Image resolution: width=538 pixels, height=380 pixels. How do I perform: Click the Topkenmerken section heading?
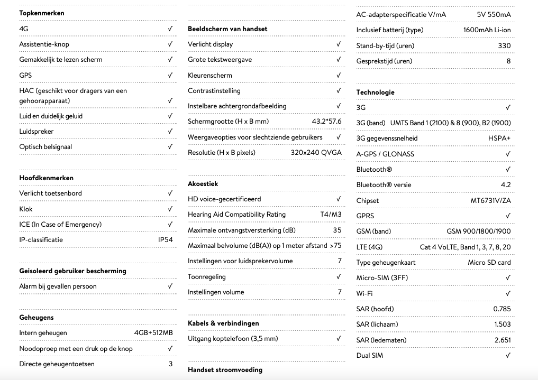click(x=42, y=13)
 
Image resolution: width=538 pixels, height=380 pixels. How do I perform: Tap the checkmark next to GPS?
click(x=170, y=75)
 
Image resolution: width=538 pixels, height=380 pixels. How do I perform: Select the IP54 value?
click(x=166, y=239)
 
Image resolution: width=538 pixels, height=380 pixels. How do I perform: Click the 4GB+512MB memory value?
click(x=153, y=333)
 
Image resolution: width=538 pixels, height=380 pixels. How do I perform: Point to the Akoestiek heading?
click(x=203, y=183)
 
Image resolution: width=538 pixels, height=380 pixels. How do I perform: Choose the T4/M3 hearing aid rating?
click(x=331, y=215)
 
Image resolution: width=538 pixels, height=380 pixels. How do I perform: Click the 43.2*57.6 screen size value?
click(x=326, y=122)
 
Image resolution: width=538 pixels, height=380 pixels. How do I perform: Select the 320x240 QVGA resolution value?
click(x=316, y=153)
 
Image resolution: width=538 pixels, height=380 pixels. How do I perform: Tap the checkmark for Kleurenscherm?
click(x=339, y=75)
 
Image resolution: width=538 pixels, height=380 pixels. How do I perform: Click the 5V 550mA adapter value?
click(x=494, y=14)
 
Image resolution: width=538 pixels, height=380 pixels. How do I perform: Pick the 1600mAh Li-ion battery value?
click(x=487, y=30)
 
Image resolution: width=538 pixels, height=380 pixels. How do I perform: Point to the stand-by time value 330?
click(x=504, y=45)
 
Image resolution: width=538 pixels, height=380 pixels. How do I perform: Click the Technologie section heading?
click(x=375, y=92)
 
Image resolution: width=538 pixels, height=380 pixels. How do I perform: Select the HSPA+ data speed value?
click(x=499, y=138)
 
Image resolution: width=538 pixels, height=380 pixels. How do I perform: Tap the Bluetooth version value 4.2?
click(x=505, y=185)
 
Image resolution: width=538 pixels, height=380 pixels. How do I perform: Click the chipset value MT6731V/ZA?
click(x=490, y=200)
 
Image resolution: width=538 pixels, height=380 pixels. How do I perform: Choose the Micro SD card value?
click(x=489, y=262)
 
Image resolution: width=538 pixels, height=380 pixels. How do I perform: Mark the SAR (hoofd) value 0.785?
click(x=501, y=309)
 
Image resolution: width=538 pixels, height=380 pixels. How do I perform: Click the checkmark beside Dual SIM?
click(x=508, y=355)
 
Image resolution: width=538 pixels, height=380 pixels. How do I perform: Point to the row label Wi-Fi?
click(x=364, y=293)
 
